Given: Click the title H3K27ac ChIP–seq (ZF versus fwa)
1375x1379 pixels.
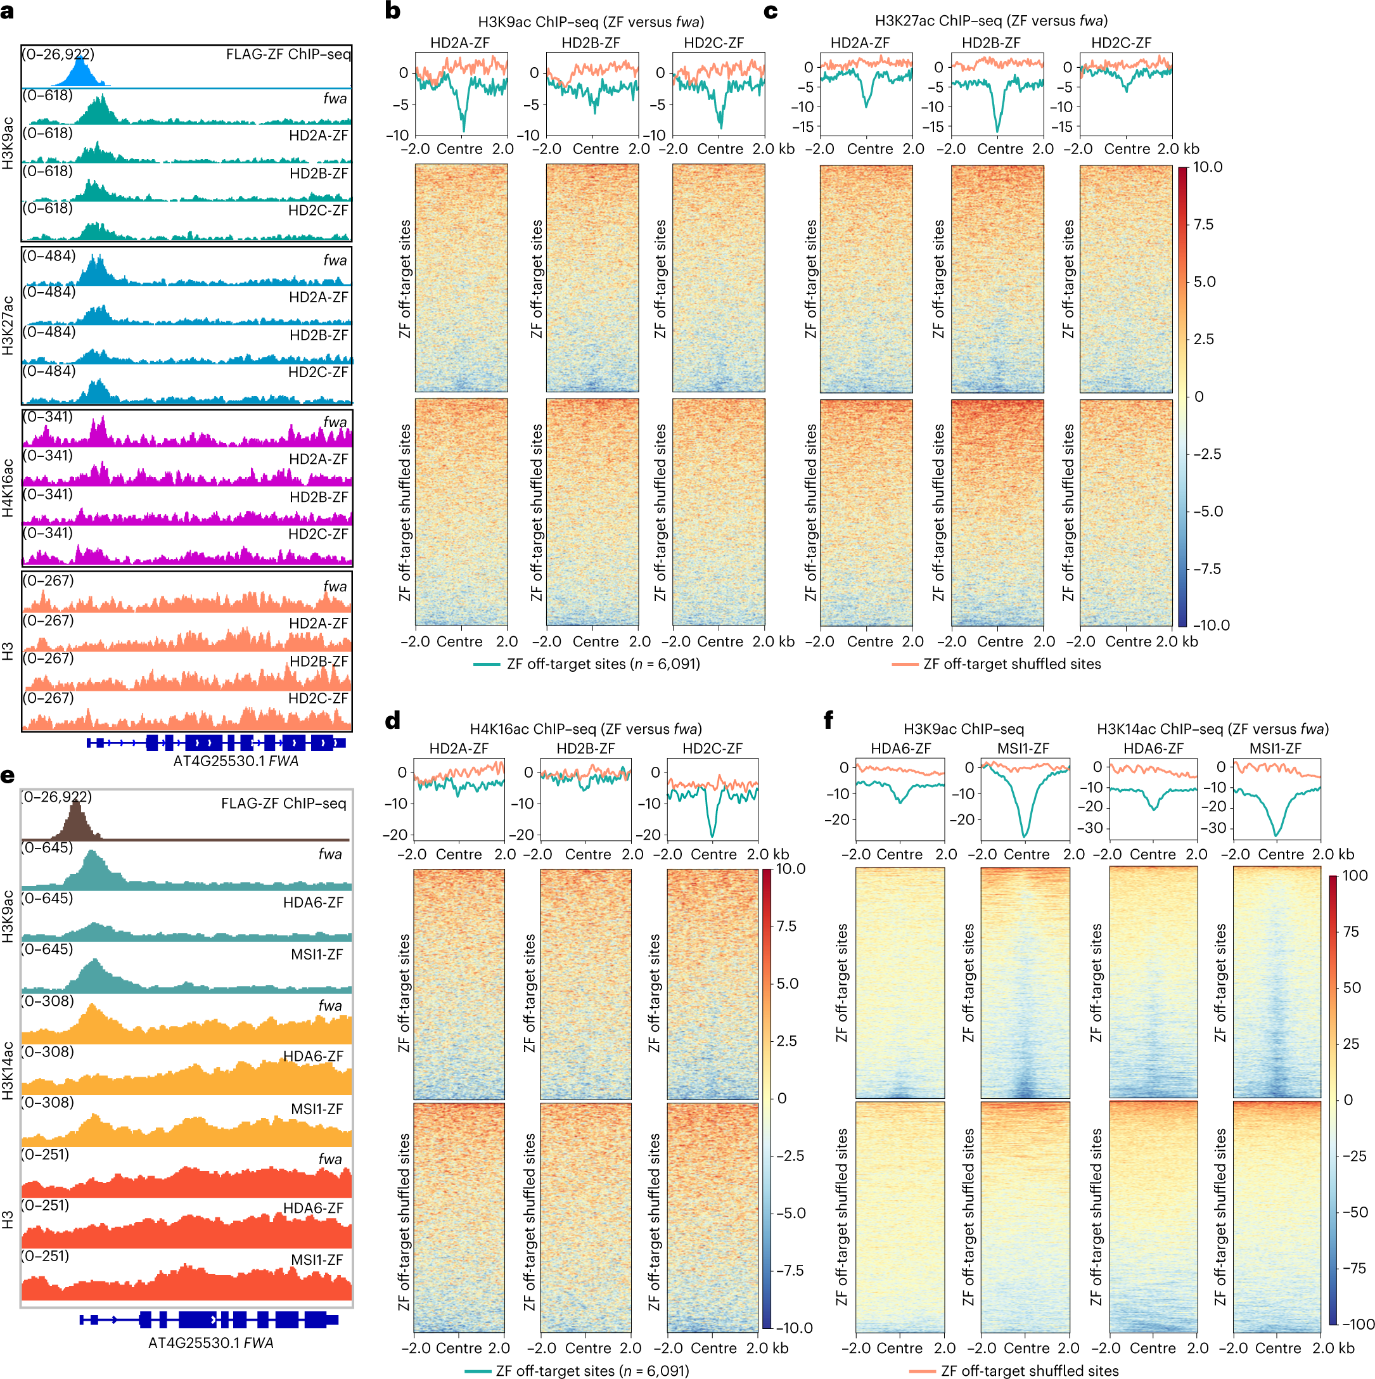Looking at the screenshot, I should [x=990, y=21].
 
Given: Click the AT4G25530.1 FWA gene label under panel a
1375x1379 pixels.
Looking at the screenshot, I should [x=236, y=761].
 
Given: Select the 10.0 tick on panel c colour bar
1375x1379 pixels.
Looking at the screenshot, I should [x=1207, y=167].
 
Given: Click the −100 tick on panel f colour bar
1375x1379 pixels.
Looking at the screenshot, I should [x=1358, y=1324].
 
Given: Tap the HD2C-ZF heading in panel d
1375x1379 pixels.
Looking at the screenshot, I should [x=712, y=748].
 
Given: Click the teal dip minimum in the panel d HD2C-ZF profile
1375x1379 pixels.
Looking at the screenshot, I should [x=712, y=835].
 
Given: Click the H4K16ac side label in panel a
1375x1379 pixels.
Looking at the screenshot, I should [x=8, y=487].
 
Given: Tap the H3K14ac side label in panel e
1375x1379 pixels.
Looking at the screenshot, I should [x=8, y=1070].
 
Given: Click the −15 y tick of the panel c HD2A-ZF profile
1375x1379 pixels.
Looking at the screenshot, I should [x=804, y=127].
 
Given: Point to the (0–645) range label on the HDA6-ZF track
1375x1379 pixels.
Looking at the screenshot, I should [x=48, y=898].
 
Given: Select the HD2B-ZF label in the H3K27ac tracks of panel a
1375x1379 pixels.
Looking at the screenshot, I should [x=318, y=335].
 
